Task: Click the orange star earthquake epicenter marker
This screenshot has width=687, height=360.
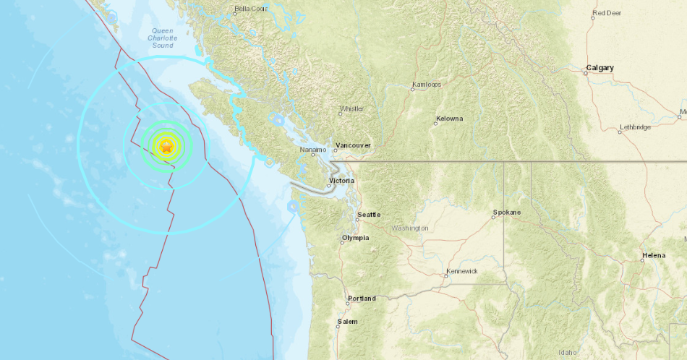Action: [166, 147]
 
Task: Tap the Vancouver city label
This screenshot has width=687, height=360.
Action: [354, 145]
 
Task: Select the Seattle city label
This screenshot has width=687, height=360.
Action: [369, 215]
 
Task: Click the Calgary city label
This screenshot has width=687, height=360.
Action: [599, 67]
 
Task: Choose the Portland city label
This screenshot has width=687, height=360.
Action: [362, 298]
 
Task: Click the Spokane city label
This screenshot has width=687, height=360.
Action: [505, 213]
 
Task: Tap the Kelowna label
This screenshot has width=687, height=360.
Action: [449, 119]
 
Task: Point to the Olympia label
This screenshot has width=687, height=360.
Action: [356, 237]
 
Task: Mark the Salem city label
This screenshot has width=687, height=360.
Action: [347, 321]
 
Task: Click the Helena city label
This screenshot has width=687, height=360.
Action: [653, 256]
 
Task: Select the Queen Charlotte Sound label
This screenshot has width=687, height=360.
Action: [162, 38]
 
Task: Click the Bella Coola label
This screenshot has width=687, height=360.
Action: [250, 9]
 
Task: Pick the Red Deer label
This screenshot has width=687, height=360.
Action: [607, 12]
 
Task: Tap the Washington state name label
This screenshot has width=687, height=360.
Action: [410, 228]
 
